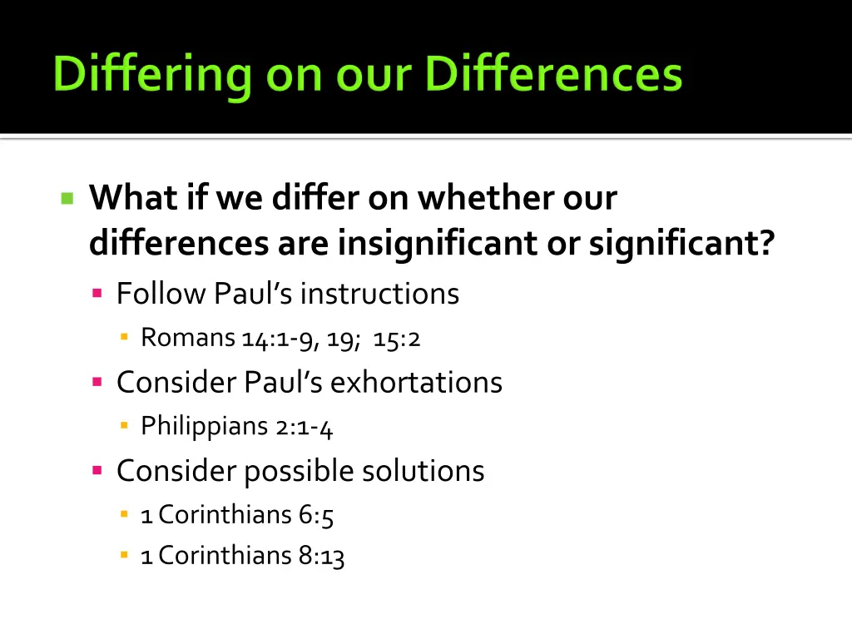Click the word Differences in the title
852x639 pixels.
pos(553,75)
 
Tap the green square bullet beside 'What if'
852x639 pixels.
pos(67,198)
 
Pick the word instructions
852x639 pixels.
pos(379,293)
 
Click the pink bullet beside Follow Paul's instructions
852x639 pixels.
pos(97,293)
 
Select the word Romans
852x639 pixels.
pos(188,338)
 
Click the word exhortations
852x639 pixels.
pos(416,382)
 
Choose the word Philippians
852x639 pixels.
pos(205,427)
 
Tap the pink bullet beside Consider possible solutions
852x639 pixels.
pos(97,471)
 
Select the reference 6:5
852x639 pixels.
pos(316,516)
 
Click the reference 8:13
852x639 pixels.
pos(322,556)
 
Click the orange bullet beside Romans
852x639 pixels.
pos(124,338)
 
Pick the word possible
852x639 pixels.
pos(299,472)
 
